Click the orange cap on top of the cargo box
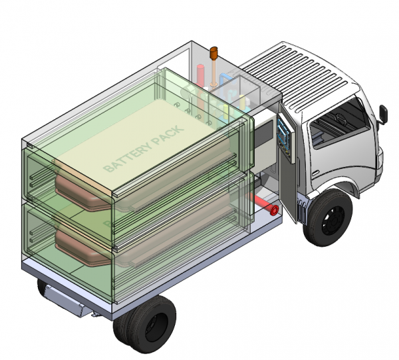pos(213,53)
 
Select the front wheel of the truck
pos(328,218)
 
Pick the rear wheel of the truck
pos(144,324)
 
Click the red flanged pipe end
pos(274,210)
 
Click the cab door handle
pos(315,173)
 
